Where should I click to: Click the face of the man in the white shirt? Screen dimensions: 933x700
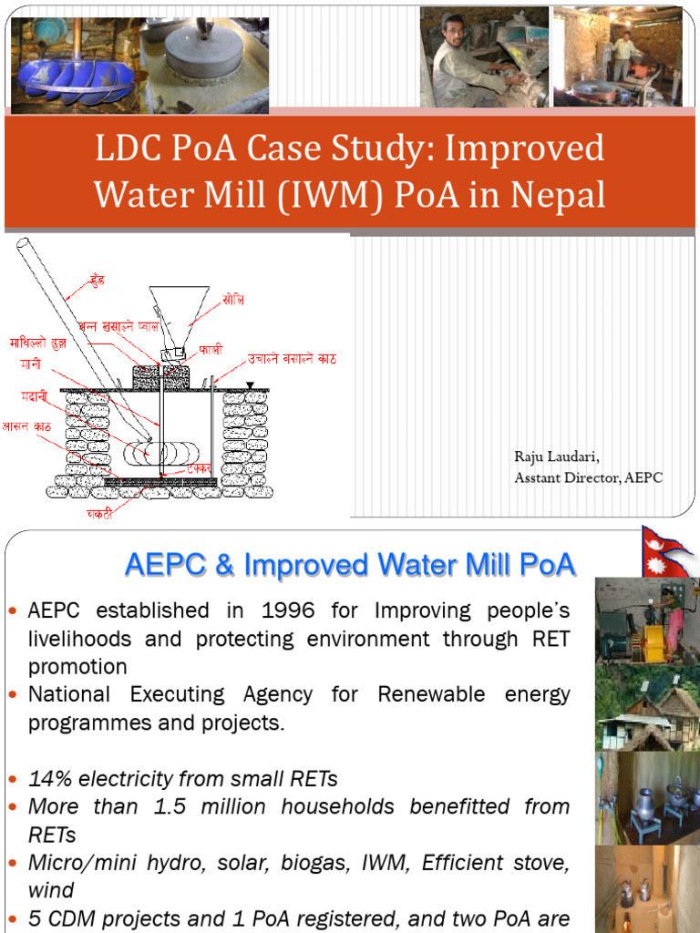coord(454,34)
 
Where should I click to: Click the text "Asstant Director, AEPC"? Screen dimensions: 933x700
coord(588,477)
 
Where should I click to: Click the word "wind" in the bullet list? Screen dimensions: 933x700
coord(51,889)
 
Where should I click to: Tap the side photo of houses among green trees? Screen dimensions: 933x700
coord(647,706)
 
